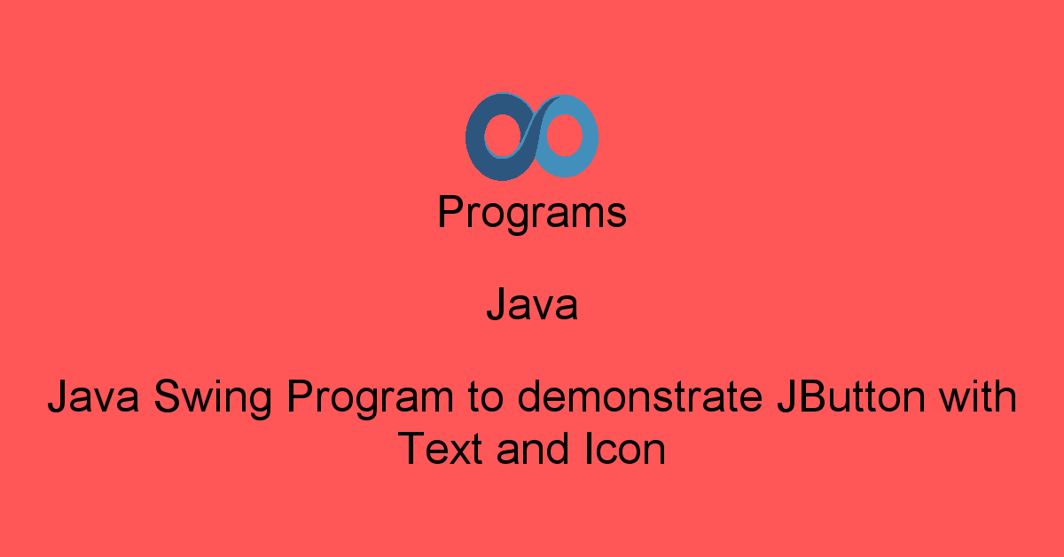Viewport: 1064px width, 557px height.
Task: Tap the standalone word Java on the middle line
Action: pos(532,306)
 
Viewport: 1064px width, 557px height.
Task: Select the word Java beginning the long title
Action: pos(94,397)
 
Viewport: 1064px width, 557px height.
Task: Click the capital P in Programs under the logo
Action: pos(450,213)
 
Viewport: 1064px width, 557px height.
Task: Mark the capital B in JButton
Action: pos(803,396)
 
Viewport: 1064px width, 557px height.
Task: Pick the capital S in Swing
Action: pos(167,397)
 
